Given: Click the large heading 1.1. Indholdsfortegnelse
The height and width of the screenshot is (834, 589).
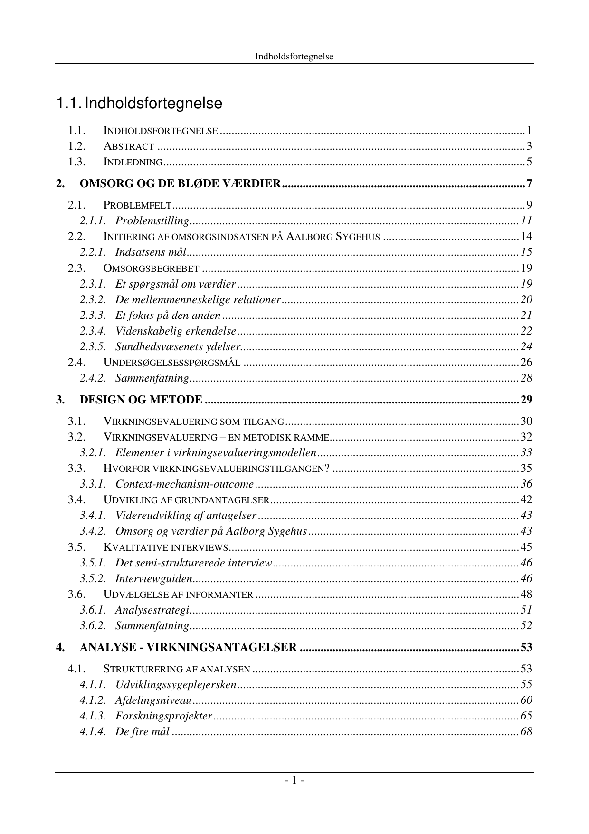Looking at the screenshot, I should [x=139, y=104].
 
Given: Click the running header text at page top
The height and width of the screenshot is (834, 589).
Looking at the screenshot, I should [x=294, y=57].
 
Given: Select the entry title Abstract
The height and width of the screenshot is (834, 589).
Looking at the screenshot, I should [x=129, y=146].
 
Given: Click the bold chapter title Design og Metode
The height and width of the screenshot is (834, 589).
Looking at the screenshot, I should [x=141, y=400].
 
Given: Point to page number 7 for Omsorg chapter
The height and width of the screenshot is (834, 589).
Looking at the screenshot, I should [x=529, y=183].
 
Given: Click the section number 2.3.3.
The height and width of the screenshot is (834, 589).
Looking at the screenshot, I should [x=92, y=315].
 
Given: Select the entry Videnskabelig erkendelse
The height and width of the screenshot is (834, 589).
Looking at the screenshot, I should [x=175, y=331].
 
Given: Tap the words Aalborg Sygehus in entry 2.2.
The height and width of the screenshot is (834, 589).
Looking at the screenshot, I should [x=333, y=237].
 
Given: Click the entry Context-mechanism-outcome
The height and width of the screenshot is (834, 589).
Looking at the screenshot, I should [x=184, y=484].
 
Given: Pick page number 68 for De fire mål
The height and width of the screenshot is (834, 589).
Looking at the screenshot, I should [x=526, y=731].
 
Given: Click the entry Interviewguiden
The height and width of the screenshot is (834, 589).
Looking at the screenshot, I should [x=153, y=578].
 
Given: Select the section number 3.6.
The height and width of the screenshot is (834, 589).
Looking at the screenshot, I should [x=76, y=594].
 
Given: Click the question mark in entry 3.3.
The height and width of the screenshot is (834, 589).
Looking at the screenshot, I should [x=326, y=468].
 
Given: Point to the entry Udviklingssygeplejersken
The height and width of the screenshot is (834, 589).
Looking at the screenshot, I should [x=175, y=684].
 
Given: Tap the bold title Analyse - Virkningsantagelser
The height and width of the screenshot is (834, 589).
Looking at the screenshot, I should [x=188, y=647].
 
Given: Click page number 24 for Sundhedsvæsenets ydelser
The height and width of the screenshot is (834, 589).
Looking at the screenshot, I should [x=526, y=346].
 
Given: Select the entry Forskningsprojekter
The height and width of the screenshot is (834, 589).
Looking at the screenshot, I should [x=163, y=716].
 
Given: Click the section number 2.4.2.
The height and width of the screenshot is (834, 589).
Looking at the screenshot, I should [x=92, y=378].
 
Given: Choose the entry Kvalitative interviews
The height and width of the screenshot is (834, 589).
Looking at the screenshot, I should [x=166, y=547].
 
